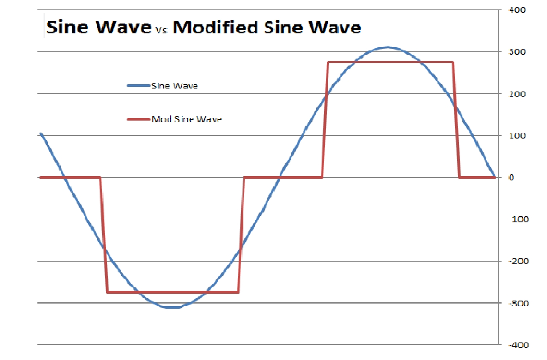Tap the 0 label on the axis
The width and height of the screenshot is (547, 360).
coord(512,177)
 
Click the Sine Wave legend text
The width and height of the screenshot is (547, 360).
coord(174,86)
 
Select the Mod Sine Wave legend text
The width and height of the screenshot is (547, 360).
coord(187,119)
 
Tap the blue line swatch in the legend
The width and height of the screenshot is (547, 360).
coord(138,86)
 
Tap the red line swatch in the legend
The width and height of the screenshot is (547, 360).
coord(138,119)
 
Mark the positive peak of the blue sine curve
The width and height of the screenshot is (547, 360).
coord(387,47)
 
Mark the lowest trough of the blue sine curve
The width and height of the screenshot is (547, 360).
coord(172,307)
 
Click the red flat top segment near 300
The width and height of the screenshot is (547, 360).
coord(389,62)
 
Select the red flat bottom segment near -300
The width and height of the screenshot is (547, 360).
coord(172,292)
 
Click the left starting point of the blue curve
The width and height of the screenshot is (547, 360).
coord(41,134)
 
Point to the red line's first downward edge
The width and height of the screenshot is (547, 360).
coord(103,235)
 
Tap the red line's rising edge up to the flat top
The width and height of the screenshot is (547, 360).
coord(325,120)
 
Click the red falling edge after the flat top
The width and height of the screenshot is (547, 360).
coord(456,120)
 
